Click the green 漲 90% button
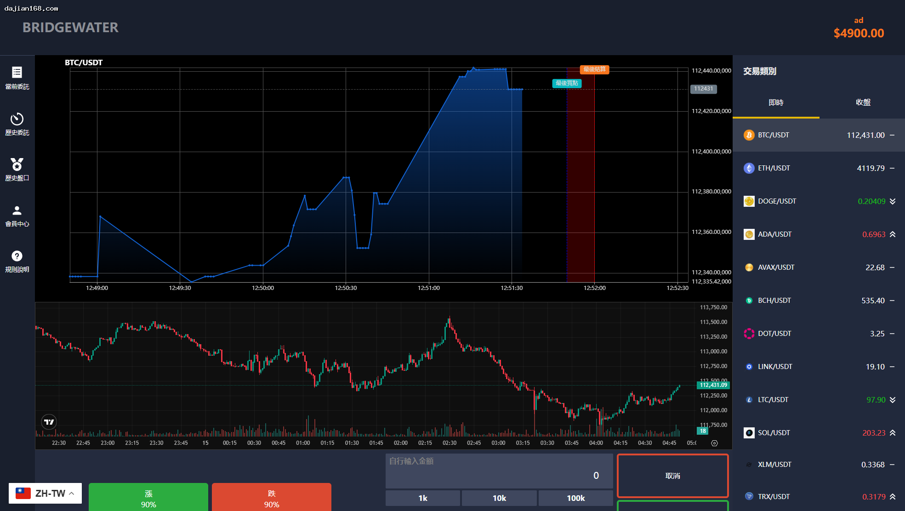pos(148,498)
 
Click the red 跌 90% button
pos(271,498)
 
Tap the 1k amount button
pos(422,498)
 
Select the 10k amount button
pos(499,498)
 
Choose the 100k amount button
pos(575,498)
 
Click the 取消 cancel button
pos(672,476)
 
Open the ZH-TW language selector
pos(45,494)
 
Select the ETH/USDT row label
pos(774,168)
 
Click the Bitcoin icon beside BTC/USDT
pos(749,135)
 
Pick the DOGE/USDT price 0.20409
pos(871,201)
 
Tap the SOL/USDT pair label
pos(774,433)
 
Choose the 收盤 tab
pos(863,102)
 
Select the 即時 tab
pos(776,102)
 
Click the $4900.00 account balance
pos(859,33)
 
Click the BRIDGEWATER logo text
pos(70,28)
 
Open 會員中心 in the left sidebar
pos(17,216)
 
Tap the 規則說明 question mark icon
pos(17,256)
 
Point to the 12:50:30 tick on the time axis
pos(346,288)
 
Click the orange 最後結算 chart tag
pos(594,69)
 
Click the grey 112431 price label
pos(703,89)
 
